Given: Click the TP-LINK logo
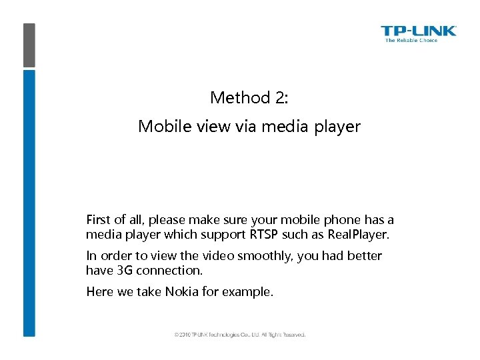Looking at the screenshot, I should (418, 31).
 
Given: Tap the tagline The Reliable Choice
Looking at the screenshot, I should (411, 41).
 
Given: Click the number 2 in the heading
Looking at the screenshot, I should (279, 98).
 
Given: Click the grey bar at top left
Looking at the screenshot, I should (29, 45).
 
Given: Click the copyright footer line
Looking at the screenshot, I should (239, 335).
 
